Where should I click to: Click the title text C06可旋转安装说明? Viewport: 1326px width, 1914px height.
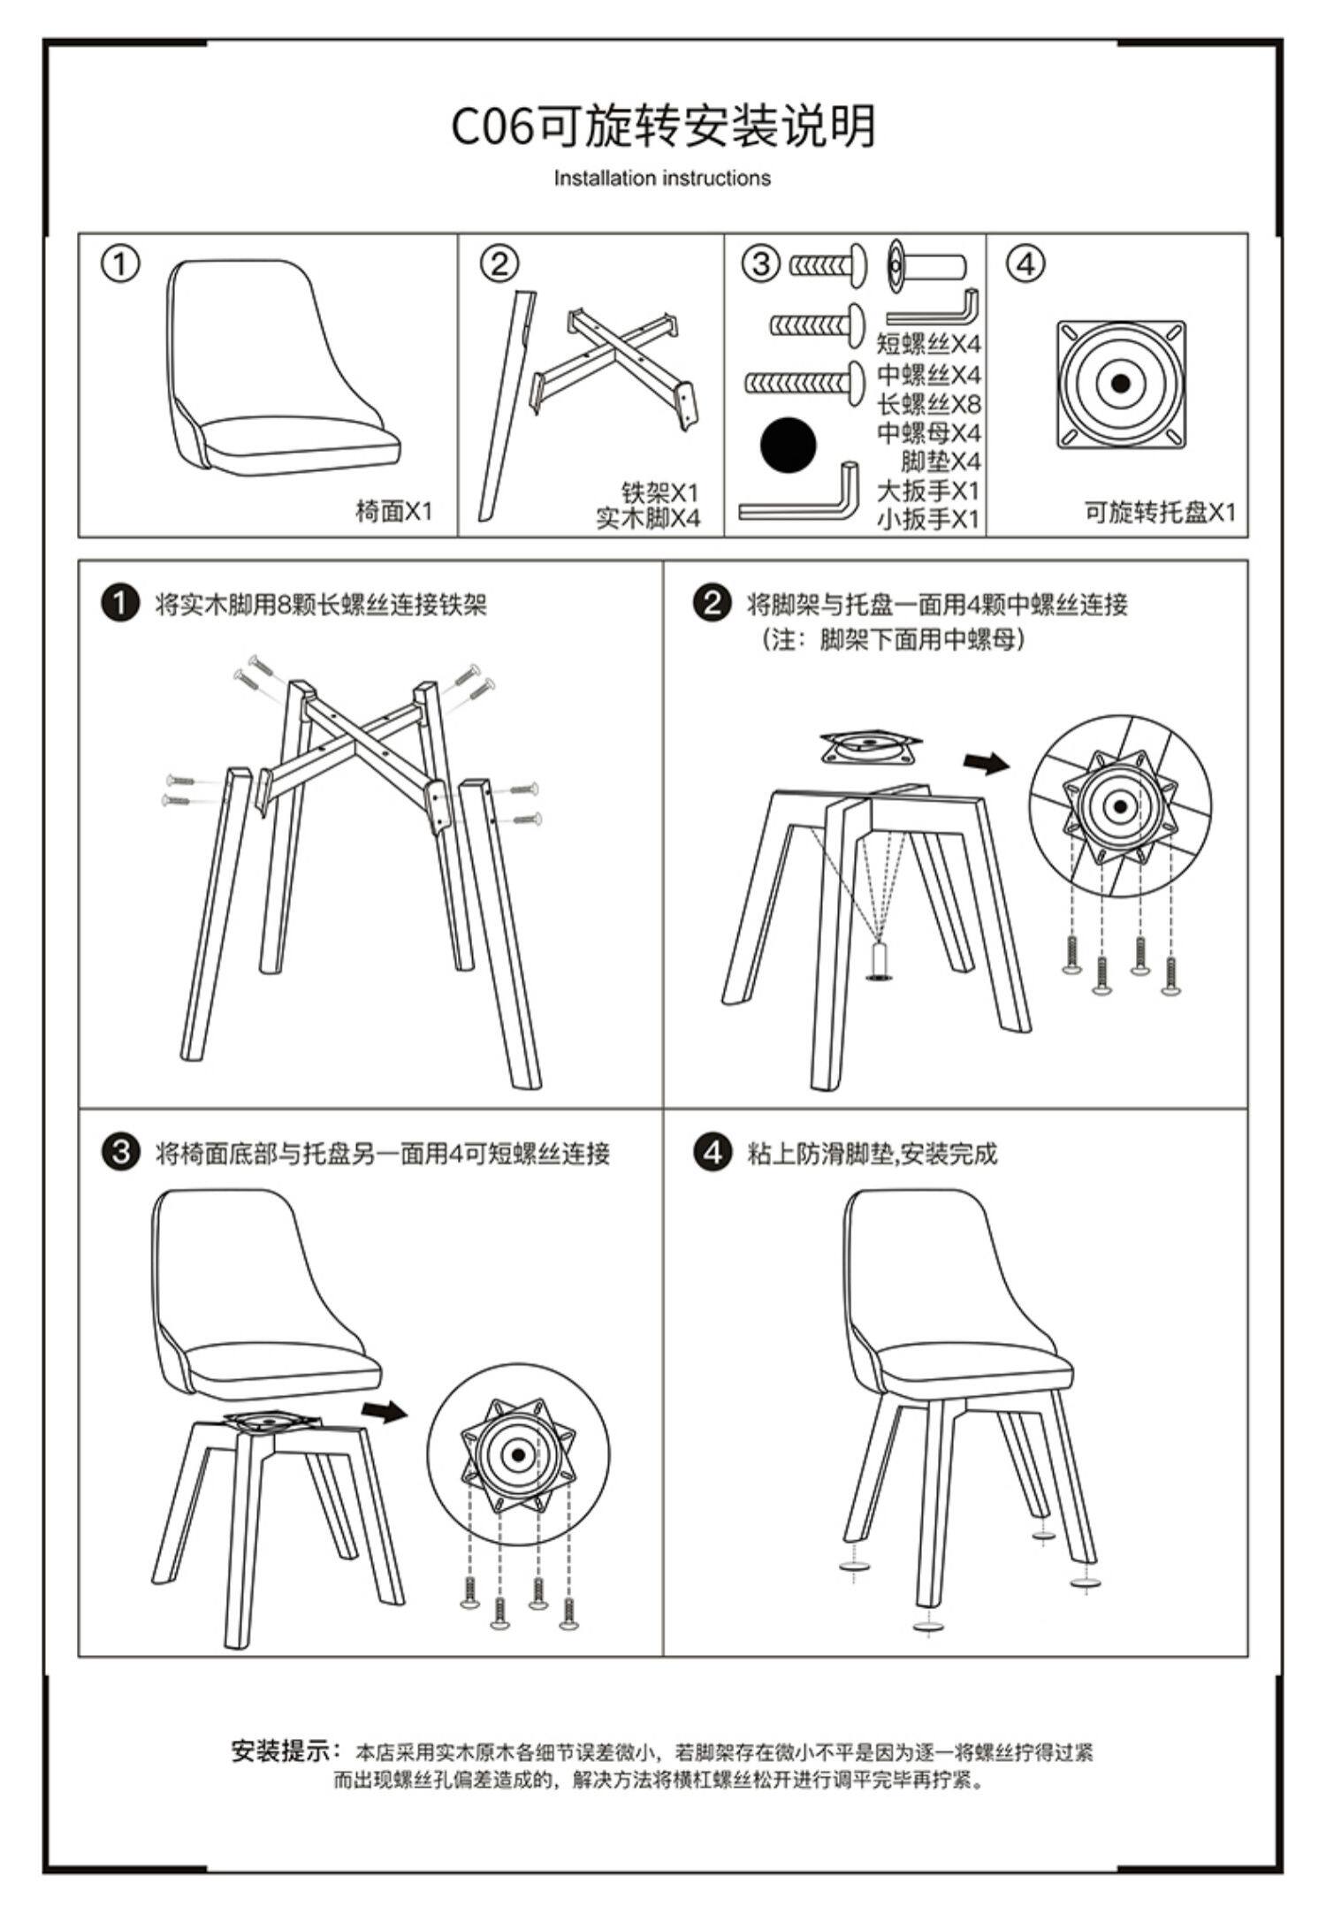[663, 126]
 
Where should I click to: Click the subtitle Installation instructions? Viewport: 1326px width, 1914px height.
[662, 179]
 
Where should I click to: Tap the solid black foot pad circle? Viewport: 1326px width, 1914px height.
[788, 445]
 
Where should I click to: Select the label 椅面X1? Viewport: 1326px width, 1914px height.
[393, 511]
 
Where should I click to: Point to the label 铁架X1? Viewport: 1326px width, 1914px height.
[659, 492]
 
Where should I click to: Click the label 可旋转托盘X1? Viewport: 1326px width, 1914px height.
[1160, 512]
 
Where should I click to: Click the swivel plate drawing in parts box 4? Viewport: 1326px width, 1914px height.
[1121, 384]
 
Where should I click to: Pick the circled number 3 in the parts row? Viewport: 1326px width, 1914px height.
[761, 263]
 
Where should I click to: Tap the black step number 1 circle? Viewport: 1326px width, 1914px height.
[121, 604]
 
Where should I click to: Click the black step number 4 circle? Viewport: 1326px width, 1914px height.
[713, 1153]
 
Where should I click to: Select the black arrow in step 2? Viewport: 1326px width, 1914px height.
[985, 762]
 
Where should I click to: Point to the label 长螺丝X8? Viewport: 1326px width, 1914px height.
[928, 404]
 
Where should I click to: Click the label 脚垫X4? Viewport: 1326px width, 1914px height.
[941, 461]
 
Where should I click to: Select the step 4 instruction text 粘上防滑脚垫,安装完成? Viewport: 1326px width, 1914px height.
[872, 1154]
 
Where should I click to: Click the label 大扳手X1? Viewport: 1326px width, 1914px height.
[928, 490]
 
